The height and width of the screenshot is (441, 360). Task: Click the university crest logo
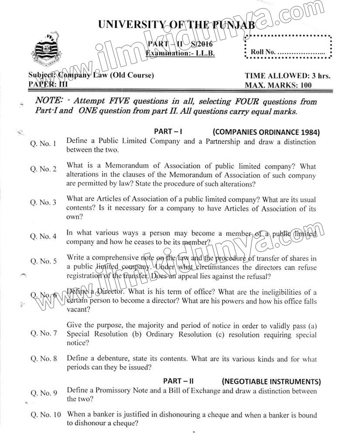pos(43,51)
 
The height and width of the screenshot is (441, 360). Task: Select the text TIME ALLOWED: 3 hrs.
pos(288,76)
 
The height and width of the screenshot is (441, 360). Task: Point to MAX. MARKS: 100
pos(278,85)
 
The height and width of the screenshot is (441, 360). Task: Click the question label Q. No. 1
pos(43,144)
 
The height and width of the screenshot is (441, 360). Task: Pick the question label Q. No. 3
pos(43,202)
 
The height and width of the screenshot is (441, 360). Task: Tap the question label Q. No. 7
pos(43,333)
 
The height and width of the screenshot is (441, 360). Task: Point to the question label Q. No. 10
pos(45,414)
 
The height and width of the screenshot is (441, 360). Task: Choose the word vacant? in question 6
pos(79,309)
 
